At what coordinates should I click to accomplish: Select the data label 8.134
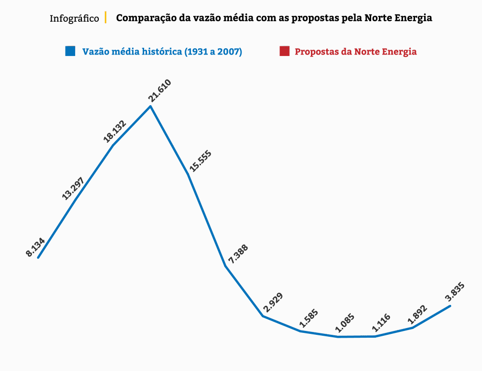coord(35,247)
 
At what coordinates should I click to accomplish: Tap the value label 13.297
coord(73,188)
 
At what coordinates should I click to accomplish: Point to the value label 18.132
coord(115,131)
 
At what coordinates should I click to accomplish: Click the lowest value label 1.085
coord(345,324)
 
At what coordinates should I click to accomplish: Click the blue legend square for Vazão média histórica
coord(70,51)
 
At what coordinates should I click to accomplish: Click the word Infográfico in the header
coord(74,19)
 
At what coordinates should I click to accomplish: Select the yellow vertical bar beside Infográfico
coord(105,18)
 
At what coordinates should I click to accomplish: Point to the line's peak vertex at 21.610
coord(151,106)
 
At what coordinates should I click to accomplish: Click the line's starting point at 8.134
coord(38,258)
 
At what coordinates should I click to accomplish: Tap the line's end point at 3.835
coord(450,305)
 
